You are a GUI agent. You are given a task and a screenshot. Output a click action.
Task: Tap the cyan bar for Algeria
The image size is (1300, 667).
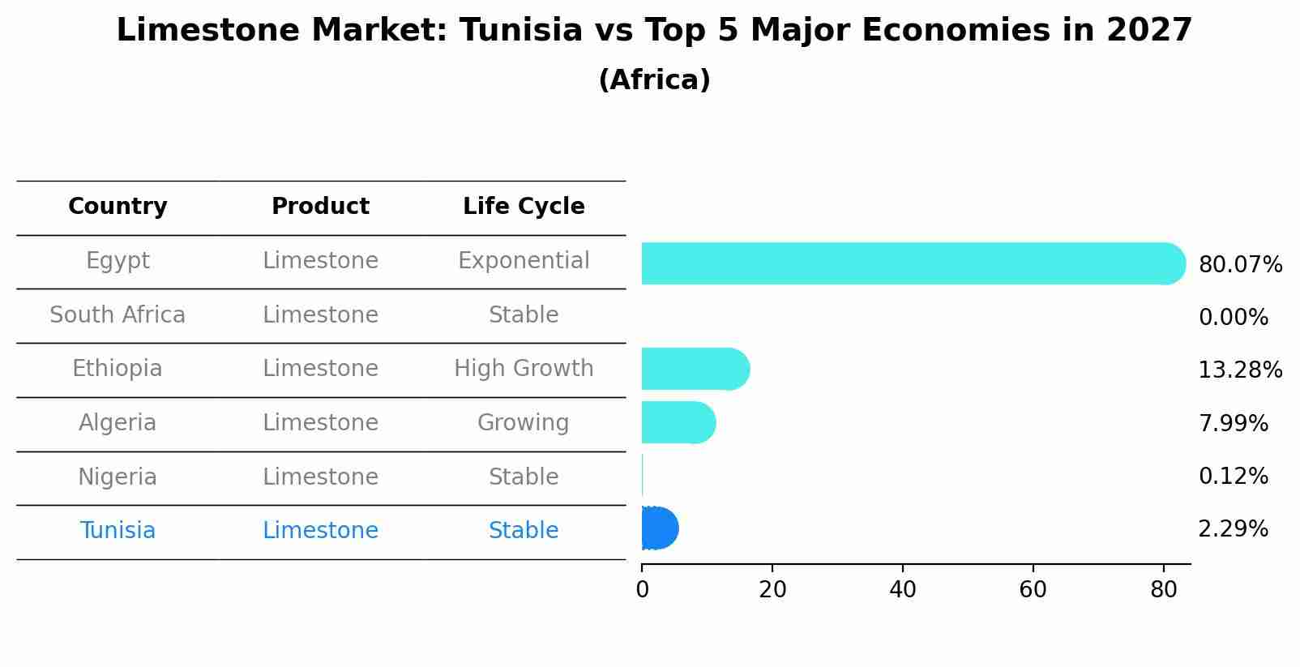(x=678, y=422)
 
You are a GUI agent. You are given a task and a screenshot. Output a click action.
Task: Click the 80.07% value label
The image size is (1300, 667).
(x=1240, y=265)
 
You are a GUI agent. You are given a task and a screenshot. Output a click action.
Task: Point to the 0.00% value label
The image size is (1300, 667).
(x=1233, y=318)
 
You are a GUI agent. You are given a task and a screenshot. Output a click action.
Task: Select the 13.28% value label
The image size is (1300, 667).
(x=1240, y=370)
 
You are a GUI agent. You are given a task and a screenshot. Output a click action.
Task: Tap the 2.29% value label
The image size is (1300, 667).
(x=1233, y=529)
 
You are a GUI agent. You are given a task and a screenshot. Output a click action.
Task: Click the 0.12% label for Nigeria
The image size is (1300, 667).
(x=1233, y=477)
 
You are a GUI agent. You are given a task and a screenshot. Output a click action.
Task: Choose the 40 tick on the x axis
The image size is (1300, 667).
(x=902, y=590)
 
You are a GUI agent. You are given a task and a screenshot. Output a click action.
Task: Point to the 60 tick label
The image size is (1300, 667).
(x=1033, y=590)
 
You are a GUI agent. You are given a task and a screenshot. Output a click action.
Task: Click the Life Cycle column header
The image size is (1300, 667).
(x=524, y=207)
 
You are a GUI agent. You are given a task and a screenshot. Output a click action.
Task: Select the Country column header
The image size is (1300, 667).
(x=118, y=207)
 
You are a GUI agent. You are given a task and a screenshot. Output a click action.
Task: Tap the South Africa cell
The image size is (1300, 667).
(x=118, y=315)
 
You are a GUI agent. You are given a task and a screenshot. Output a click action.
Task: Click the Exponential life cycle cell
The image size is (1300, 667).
(x=524, y=261)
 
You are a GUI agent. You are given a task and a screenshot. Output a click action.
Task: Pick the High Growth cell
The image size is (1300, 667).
(x=524, y=369)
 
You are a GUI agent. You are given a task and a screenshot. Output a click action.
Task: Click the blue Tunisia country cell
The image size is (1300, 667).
(x=118, y=531)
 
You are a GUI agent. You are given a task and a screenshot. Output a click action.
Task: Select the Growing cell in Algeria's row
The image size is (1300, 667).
(x=524, y=423)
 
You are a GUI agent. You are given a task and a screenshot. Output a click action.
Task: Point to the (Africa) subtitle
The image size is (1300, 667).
(x=654, y=80)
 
